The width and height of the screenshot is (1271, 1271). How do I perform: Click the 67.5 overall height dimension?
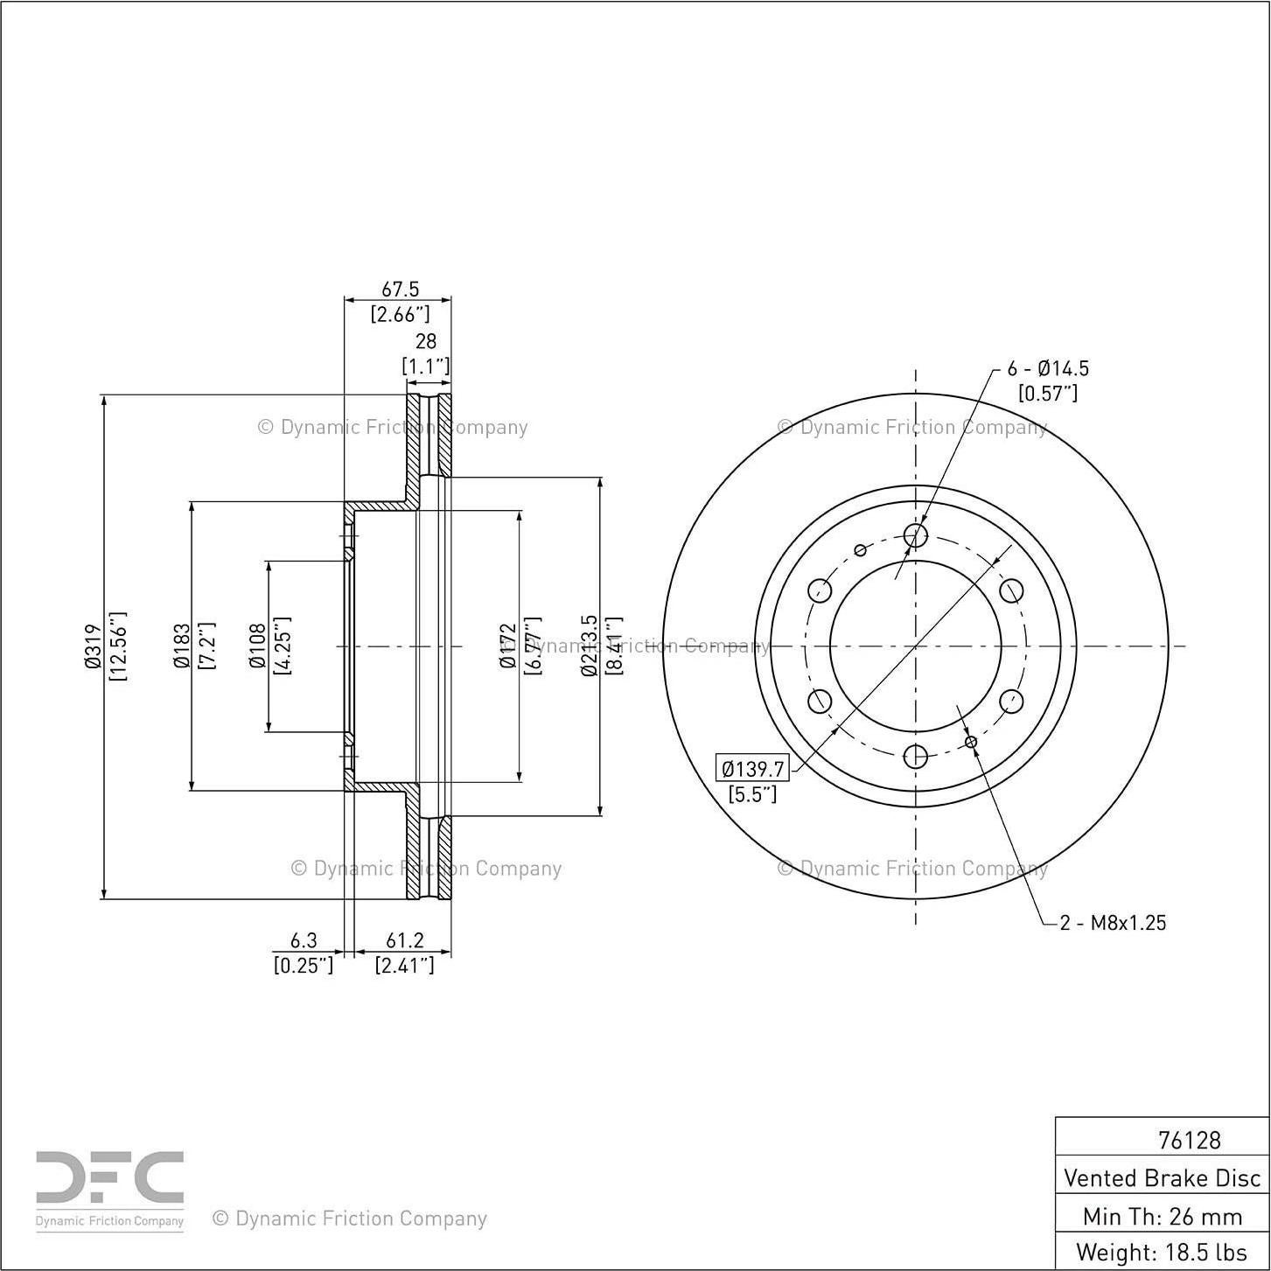click(400, 289)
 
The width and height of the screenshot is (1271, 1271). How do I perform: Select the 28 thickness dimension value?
click(425, 341)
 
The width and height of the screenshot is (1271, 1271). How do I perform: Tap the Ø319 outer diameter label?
click(94, 646)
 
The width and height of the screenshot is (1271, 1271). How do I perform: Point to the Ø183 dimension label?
click(181, 646)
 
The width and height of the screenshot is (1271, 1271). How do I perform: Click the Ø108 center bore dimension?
click(257, 646)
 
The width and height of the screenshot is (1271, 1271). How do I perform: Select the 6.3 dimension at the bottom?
click(303, 940)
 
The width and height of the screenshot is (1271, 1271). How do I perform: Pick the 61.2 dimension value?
click(404, 940)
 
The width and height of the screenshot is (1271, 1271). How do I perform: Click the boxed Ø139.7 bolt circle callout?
click(752, 769)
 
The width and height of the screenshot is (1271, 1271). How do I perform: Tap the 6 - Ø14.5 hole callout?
click(1048, 368)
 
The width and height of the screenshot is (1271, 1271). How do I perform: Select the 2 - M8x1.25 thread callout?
click(1113, 923)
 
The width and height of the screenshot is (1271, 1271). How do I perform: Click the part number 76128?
click(1189, 1140)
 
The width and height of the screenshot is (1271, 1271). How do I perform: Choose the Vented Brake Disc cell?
click(1162, 1177)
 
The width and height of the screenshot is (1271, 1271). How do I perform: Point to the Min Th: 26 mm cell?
click(1162, 1216)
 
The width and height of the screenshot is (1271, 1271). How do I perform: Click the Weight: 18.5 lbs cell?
click(1162, 1252)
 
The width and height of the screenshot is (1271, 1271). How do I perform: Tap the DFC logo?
click(109, 1182)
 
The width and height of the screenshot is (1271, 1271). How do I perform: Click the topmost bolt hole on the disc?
click(915, 535)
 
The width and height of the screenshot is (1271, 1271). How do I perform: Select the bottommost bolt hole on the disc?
click(915, 757)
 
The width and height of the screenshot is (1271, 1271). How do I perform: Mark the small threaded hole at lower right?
click(971, 742)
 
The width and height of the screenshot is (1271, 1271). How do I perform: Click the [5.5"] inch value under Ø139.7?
click(752, 794)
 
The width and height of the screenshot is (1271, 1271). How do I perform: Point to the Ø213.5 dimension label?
click(589, 646)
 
